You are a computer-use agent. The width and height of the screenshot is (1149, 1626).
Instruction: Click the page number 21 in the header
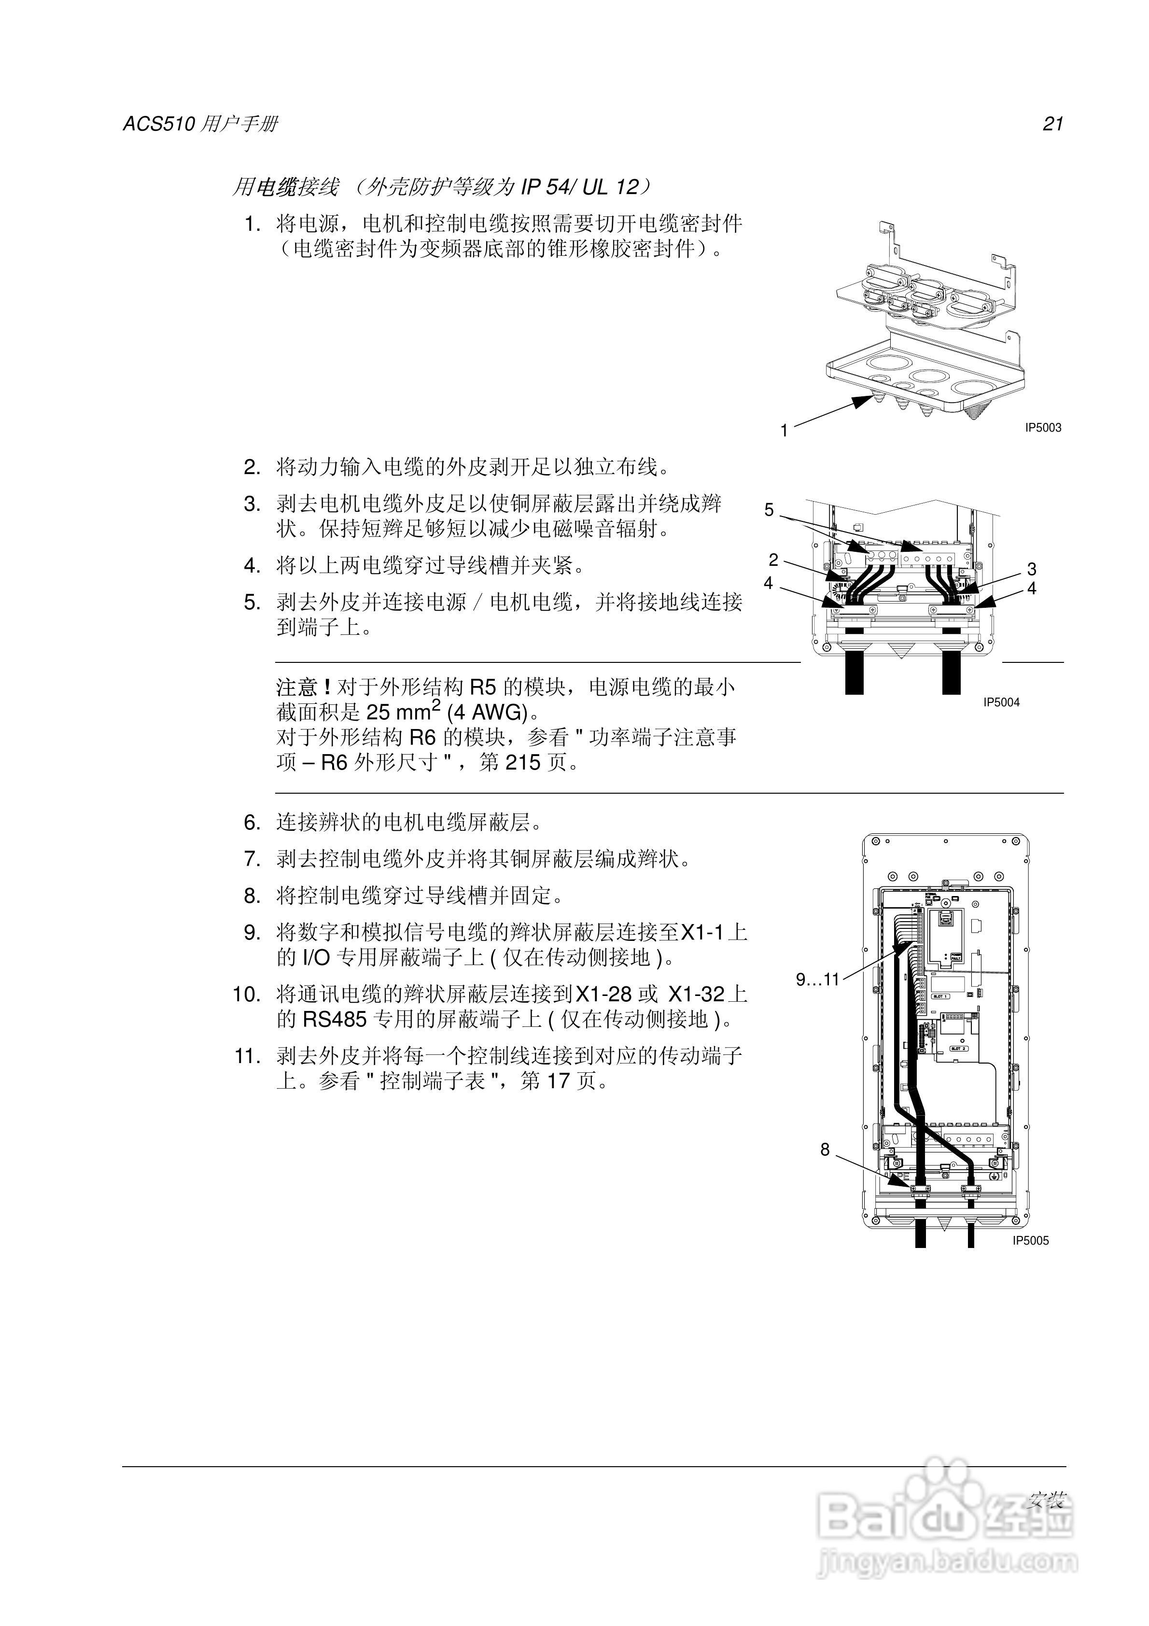pos(1052,124)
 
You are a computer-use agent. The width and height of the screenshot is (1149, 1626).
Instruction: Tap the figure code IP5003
pos(1043,428)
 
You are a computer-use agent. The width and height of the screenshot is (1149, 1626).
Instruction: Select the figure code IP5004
pos(1001,702)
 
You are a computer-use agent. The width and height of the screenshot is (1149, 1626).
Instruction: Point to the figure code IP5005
pos(1031,1241)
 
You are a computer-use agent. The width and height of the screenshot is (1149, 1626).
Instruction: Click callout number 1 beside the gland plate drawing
pos(784,431)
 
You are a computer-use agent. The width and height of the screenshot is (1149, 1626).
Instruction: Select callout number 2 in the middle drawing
pos(773,560)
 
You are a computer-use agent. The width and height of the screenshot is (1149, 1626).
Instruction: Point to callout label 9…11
pos(817,980)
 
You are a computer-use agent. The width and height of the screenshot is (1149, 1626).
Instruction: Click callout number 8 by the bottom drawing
pos(825,1149)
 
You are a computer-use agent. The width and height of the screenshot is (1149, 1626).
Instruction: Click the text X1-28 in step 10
pos(603,995)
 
